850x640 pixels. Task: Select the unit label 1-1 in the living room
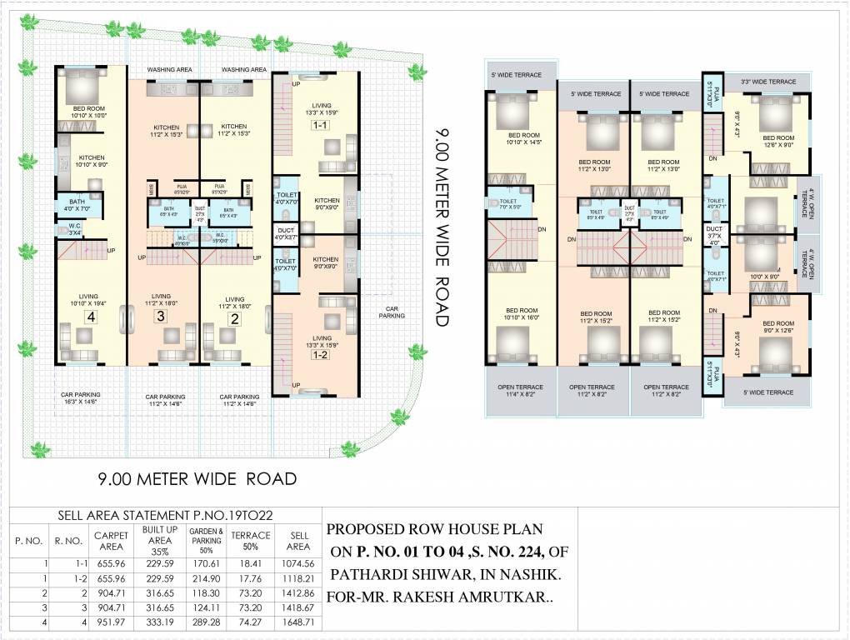pos(320,125)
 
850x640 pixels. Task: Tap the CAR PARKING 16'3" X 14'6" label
pos(81,400)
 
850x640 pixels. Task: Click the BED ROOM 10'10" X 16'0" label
pos(522,314)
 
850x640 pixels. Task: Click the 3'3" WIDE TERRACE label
pos(767,82)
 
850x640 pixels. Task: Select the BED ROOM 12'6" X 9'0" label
pos(778,142)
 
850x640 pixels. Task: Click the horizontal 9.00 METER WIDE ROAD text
pos(197,479)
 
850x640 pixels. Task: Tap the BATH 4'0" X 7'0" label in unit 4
pos(77,205)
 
